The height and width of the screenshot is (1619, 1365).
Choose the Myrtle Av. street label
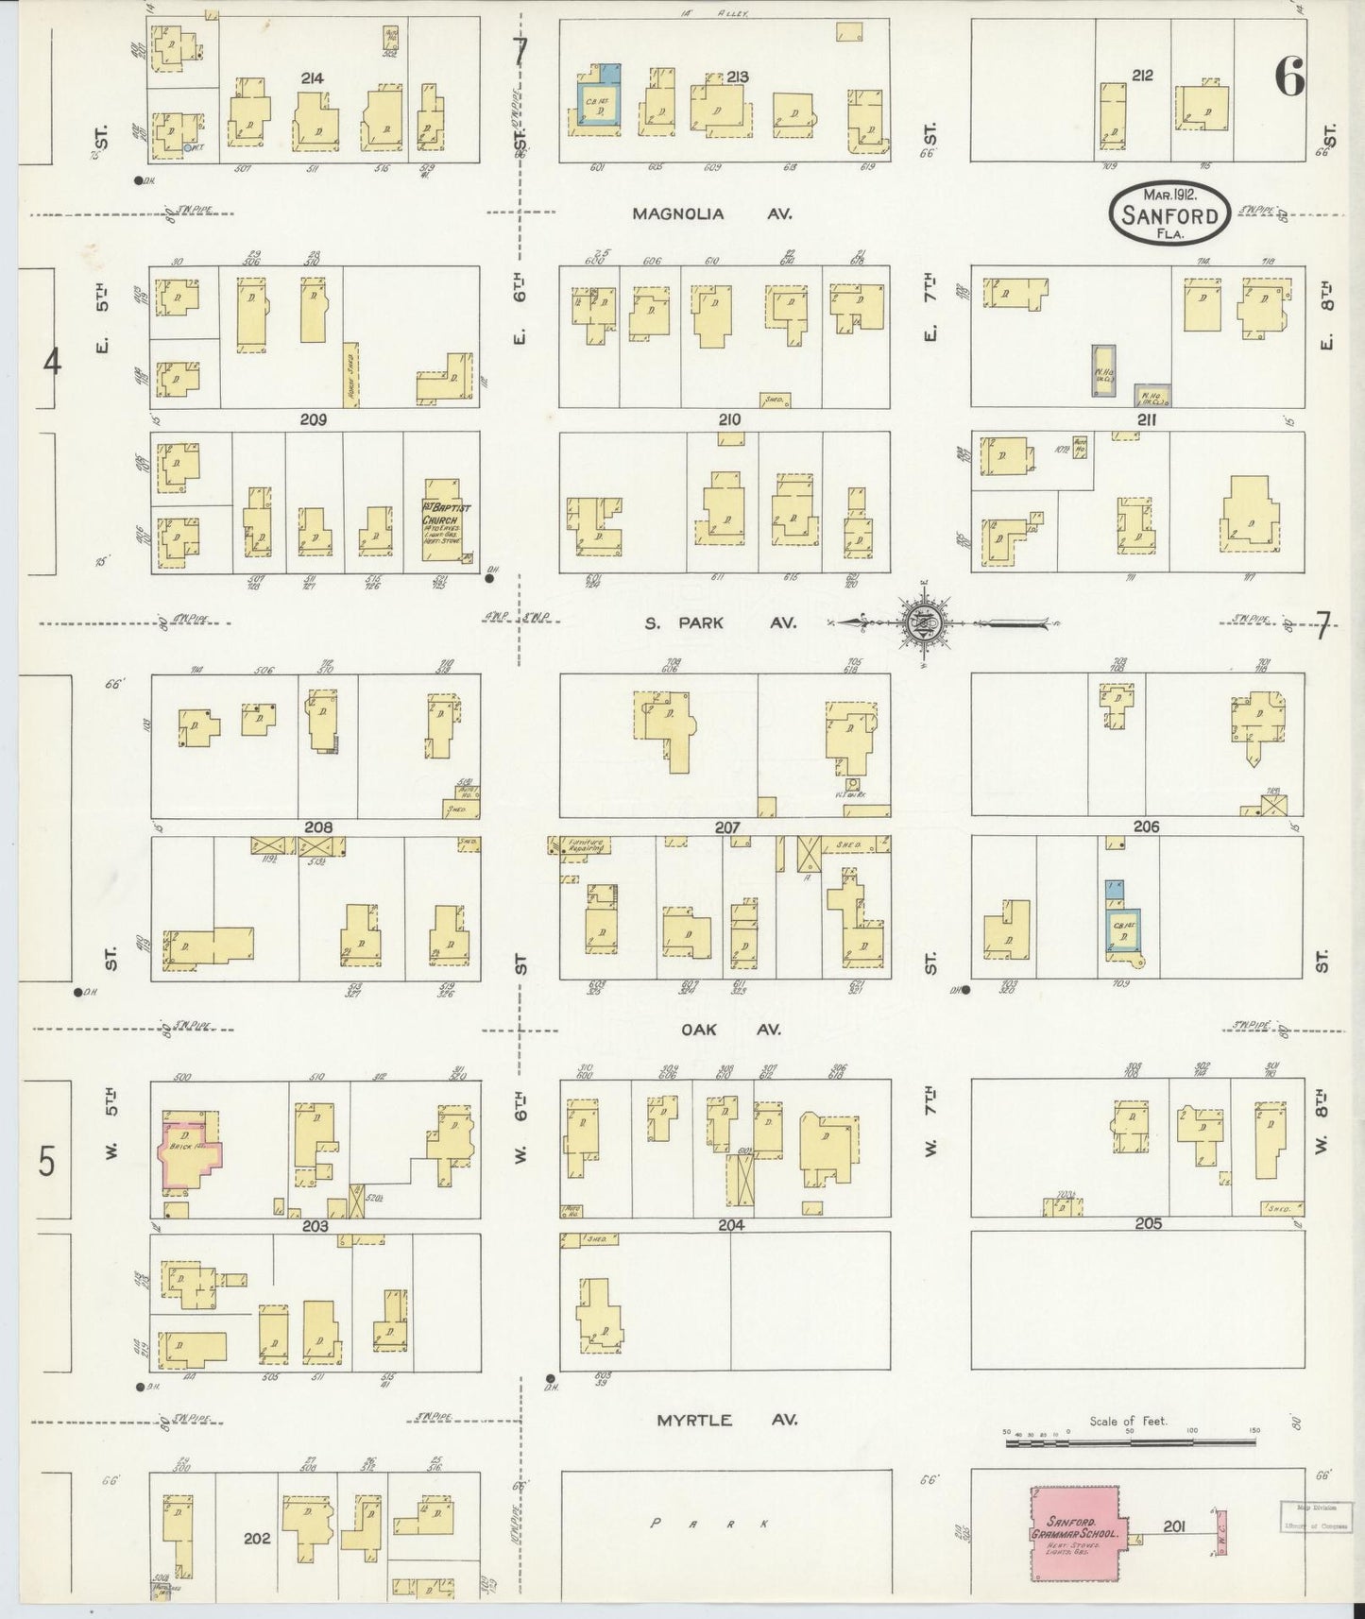[727, 1419]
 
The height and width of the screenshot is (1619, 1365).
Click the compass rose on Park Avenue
[923, 623]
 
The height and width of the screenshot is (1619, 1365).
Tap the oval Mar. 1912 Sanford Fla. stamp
[1169, 213]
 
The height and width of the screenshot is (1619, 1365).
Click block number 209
[312, 420]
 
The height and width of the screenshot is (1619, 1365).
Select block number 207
[727, 827]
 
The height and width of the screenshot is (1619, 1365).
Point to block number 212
[1142, 76]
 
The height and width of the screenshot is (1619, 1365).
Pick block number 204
[731, 1225]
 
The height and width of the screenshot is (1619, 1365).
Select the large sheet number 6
[1289, 77]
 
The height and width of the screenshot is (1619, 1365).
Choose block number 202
[257, 1538]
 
